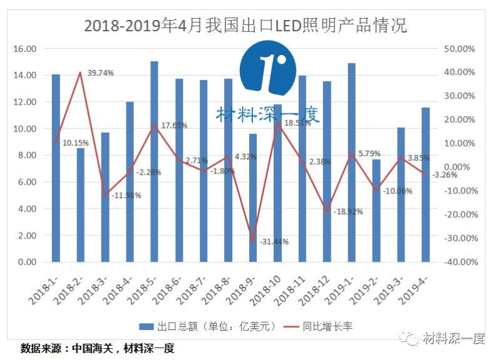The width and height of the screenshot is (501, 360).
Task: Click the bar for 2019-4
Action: pyautogui.click(x=425, y=185)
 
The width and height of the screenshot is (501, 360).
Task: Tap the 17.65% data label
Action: pyautogui.click(x=174, y=125)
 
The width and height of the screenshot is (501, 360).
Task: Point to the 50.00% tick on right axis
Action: pyautogui.click(x=461, y=49)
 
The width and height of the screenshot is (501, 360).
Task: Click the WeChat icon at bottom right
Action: pyautogui.click(x=411, y=339)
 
